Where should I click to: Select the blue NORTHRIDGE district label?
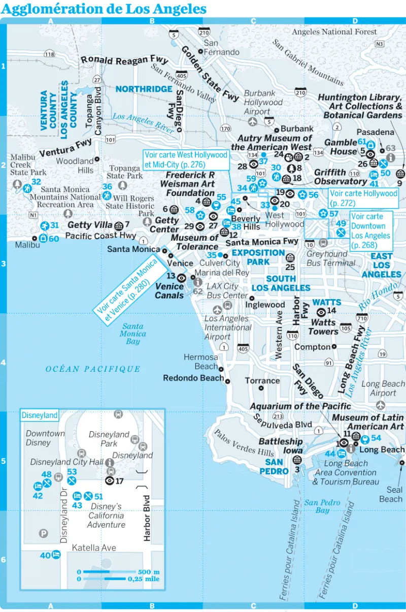tap(144, 89)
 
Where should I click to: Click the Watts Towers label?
tap(323, 327)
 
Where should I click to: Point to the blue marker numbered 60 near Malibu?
tap(43, 238)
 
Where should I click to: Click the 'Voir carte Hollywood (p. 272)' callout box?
tap(363, 198)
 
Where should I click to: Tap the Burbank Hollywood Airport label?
tap(263, 103)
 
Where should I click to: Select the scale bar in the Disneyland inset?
tap(118, 575)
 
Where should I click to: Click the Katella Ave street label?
tap(94, 548)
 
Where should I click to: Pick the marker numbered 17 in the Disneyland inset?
tap(110, 480)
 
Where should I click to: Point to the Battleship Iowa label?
tap(281, 446)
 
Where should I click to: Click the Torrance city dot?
tap(261, 388)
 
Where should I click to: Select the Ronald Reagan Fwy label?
tap(124, 60)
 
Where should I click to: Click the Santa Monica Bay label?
tap(132, 334)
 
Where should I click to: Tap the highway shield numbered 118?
tap(49, 54)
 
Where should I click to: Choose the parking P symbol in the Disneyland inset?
tap(44, 533)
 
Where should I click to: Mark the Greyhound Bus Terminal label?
tap(331, 259)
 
